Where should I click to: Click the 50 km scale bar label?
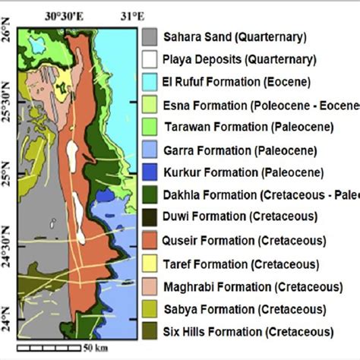(x=96, y=349)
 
